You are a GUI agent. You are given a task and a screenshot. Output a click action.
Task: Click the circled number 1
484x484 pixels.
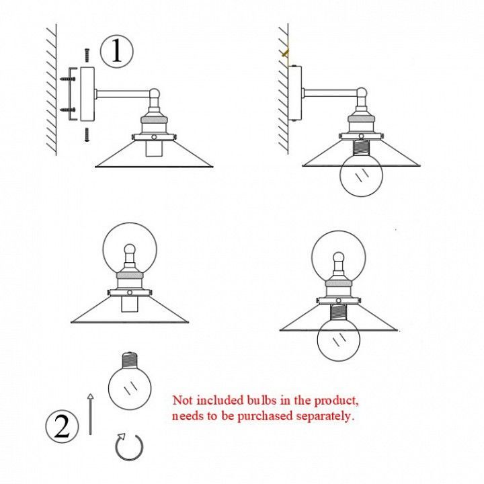117,51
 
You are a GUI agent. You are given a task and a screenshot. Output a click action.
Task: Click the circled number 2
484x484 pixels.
62,426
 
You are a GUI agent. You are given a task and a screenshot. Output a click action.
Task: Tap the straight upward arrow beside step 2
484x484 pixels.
90,414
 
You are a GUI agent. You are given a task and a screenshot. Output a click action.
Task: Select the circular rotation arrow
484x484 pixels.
129,447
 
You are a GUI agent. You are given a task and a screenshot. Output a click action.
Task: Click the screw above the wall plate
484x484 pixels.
87,56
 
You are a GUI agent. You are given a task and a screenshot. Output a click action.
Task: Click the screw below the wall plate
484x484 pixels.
87,134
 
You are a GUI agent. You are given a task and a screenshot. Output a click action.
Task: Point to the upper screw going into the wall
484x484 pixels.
68,79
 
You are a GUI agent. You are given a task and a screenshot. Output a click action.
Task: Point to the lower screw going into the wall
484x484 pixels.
68,110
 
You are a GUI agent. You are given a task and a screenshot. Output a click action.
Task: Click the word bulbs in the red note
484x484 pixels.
261,400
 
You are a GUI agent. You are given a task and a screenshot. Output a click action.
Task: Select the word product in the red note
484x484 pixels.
336,401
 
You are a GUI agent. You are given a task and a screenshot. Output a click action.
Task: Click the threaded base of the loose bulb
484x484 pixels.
130,360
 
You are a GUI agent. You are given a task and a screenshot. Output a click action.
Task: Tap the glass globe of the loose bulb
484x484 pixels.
130,388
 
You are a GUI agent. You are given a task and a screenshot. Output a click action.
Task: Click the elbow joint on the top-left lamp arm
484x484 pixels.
155,93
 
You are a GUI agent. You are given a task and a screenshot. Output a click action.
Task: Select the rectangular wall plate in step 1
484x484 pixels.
87,94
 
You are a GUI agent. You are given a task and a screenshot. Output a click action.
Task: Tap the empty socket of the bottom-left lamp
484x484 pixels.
129,304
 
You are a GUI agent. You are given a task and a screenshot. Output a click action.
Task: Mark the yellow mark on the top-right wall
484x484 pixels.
286,53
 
